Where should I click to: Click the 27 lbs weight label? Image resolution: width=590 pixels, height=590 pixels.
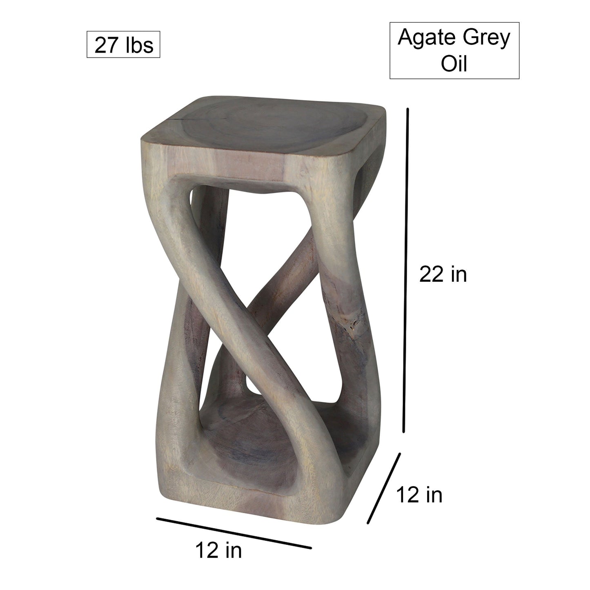click(x=124, y=45)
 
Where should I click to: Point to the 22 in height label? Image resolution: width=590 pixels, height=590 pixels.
click(x=443, y=274)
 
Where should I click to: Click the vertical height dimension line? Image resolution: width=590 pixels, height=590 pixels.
click(x=405, y=269)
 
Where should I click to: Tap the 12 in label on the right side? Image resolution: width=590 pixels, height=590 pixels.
click(x=420, y=495)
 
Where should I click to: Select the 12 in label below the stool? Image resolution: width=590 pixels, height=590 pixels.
click(x=219, y=550)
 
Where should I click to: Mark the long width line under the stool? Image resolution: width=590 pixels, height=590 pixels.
click(x=234, y=533)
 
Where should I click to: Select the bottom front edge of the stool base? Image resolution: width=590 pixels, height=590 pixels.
click(x=229, y=496)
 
